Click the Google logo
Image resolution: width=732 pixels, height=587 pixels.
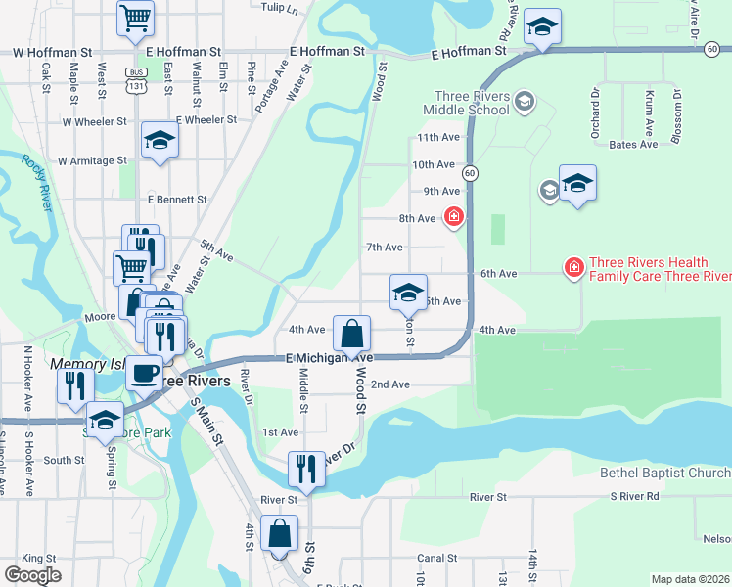click(32, 575)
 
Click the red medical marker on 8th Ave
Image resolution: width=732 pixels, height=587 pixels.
click(453, 217)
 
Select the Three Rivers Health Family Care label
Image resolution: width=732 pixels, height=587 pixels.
click(646, 269)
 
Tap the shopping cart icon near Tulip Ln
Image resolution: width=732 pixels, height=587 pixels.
click(136, 17)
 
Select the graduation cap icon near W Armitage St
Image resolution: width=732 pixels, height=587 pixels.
click(160, 141)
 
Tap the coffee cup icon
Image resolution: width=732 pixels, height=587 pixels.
click(145, 372)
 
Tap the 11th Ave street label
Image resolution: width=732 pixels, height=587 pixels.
click(436, 138)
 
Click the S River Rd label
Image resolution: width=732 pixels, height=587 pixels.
click(635, 497)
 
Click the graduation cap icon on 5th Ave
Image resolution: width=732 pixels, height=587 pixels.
click(408, 292)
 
